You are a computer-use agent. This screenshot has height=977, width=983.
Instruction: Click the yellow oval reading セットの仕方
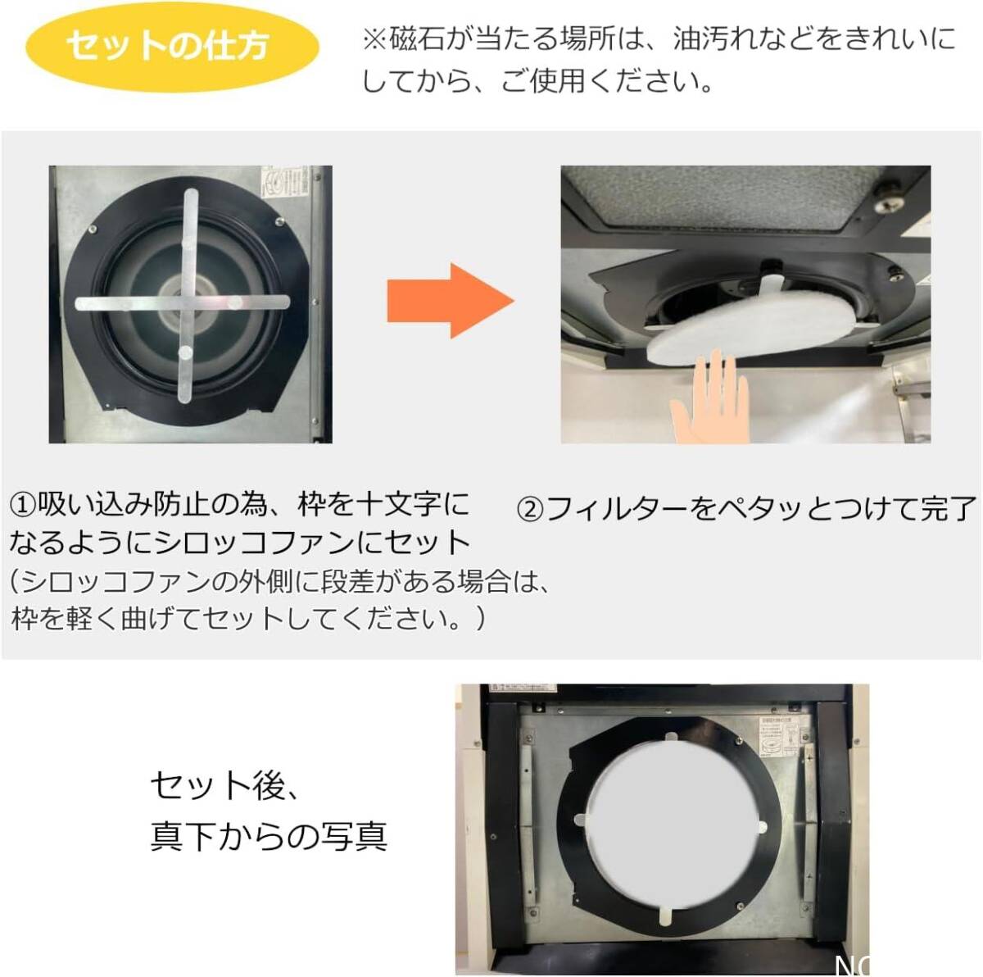[x=168, y=47]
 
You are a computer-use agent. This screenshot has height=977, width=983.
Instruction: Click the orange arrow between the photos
[x=450, y=301]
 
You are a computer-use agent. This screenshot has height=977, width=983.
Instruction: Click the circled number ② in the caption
[x=531, y=510]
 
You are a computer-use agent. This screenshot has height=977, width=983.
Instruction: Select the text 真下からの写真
[x=269, y=836]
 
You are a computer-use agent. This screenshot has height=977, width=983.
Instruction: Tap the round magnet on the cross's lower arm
[x=185, y=352]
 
